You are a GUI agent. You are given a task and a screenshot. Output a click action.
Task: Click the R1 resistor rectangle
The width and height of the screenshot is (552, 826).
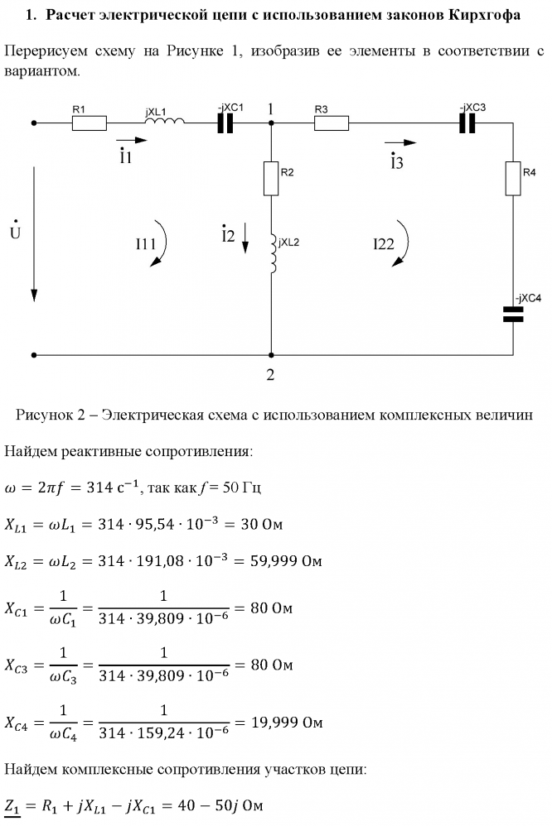[x=89, y=123]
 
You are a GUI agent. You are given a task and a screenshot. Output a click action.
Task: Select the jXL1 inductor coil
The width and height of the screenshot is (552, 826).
[x=165, y=122]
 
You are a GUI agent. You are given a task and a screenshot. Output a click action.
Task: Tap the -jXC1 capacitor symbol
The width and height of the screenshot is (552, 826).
[x=225, y=123]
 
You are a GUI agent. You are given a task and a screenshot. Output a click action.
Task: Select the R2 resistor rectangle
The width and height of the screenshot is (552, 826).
[x=271, y=178]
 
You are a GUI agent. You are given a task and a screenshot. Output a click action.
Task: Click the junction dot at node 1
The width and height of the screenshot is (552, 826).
[x=271, y=123]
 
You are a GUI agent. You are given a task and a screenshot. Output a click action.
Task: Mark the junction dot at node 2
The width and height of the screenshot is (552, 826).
[x=271, y=355]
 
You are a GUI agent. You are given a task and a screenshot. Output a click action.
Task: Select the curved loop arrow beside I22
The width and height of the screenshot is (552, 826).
[x=403, y=244]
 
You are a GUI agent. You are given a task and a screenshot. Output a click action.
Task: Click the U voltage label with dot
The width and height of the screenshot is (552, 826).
[x=15, y=230]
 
